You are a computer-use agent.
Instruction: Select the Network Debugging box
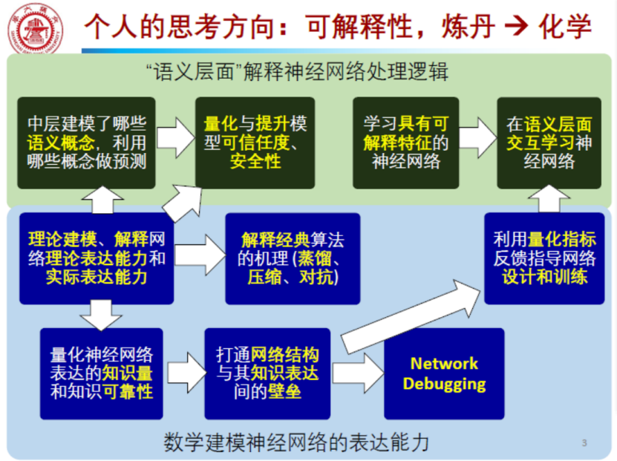[444, 373]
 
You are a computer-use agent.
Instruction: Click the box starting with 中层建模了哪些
[87, 142]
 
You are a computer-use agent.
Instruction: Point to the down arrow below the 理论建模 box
[101, 315]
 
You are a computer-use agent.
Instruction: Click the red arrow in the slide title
[514, 27]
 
